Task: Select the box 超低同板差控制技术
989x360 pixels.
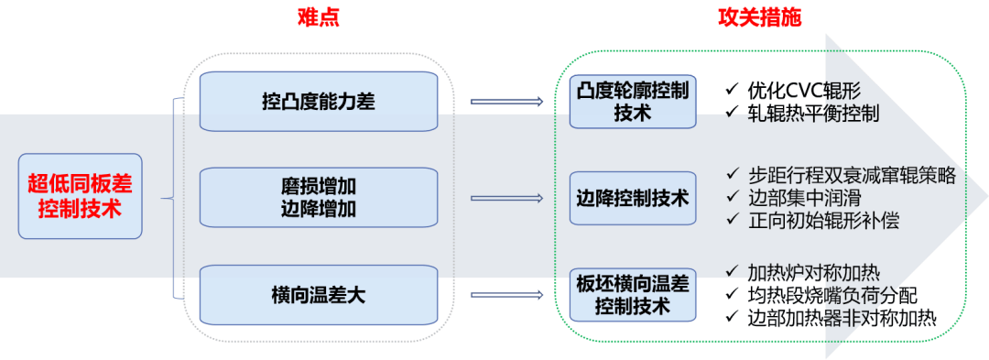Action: pos(80,196)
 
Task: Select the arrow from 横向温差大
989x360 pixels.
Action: pos(505,295)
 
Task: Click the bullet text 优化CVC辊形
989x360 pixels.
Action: pos(804,90)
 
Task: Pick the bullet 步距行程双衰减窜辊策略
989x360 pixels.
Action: pos(852,175)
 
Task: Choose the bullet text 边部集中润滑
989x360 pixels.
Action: pos(804,197)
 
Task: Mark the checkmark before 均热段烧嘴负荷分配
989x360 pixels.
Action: pos(732,295)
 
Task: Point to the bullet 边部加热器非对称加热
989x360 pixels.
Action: pos(842,318)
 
